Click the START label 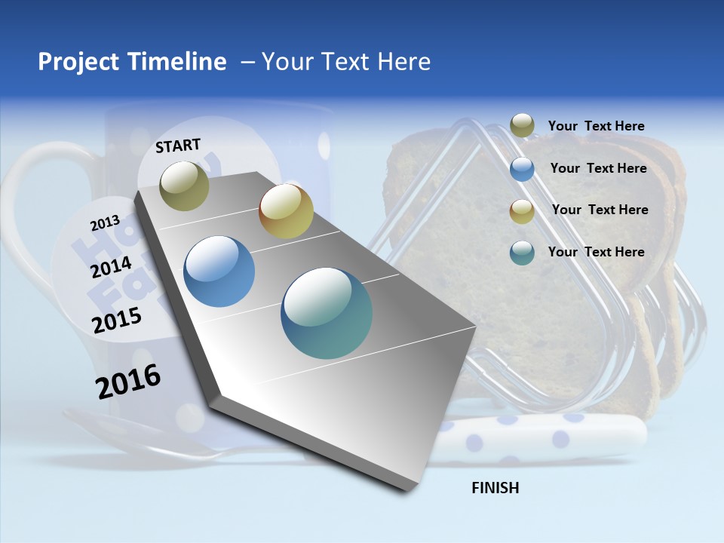[x=178, y=146]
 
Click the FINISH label [x=495, y=488]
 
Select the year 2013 [x=105, y=223]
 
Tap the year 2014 [x=111, y=267]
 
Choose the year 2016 [x=128, y=382]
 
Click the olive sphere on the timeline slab [x=184, y=186]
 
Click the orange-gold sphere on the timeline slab [x=286, y=211]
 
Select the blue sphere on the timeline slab [x=219, y=271]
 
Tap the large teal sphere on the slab [x=327, y=313]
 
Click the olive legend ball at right [x=522, y=126]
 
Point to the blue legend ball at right [x=522, y=169]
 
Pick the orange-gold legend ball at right [x=522, y=211]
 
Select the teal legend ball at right [x=522, y=253]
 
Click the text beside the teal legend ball [x=596, y=252]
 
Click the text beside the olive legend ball [x=596, y=126]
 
